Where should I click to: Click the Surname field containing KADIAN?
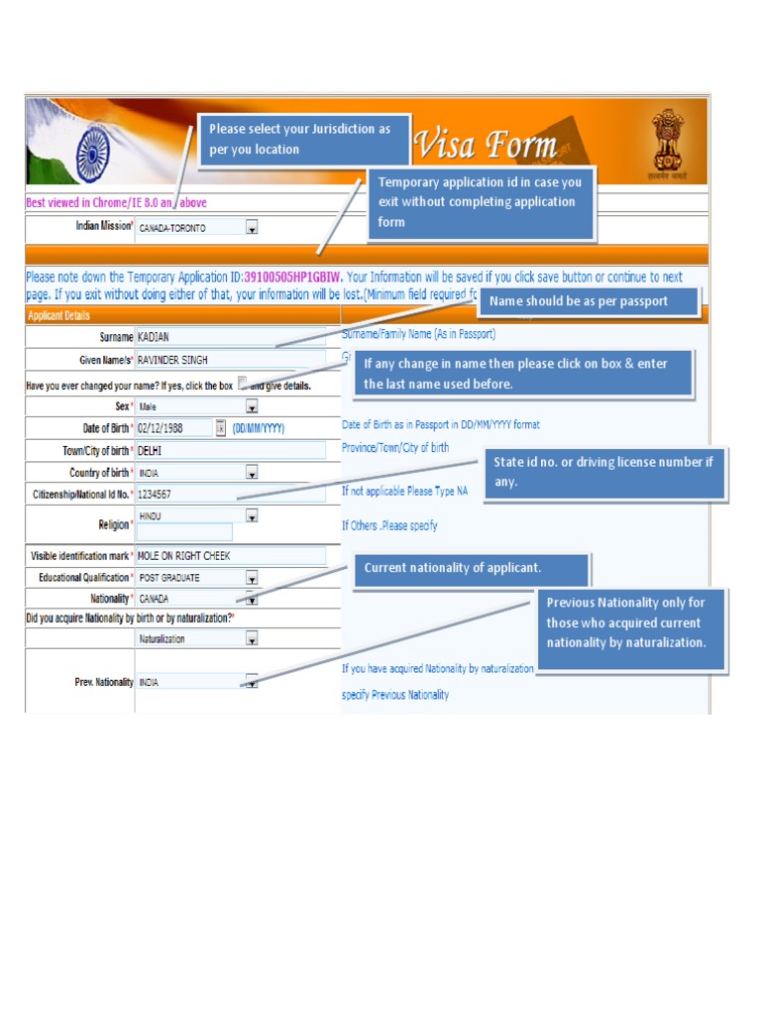pyautogui.click(x=230, y=337)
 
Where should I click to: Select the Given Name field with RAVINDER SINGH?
pyautogui.click(x=230, y=360)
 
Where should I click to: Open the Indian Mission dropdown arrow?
pyautogui.click(x=252, y=228)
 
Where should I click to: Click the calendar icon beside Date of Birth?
pyautogui.click(x=220, y=428)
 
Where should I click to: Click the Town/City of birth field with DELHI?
pyautogui.click(x=230, y=450)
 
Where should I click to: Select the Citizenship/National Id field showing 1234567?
pyautogui.click(x=230, y=494)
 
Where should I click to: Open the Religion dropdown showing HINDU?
pyautogui.click(x=252, y=516)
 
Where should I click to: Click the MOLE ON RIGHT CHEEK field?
pyautogui.click(x=230, y=556)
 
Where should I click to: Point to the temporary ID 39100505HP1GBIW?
pyautogui.click(x=292, y=277)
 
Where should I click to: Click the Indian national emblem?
pyautogui.click(x=667, y=144)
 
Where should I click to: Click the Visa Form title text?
pyautogui.click(x=485, y=146)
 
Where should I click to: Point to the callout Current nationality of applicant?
pyautogui.click(x=473, y=569)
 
